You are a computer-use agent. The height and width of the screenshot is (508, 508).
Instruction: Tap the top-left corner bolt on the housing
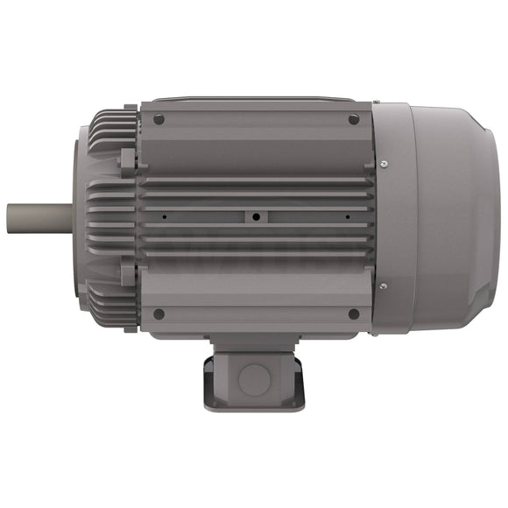click(159, 119)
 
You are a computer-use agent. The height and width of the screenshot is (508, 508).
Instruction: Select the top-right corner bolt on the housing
click(354, 119)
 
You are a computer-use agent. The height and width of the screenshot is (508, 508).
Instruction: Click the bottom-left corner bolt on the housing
click(159, 314)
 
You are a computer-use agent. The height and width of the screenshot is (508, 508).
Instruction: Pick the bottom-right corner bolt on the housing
click(354, 314)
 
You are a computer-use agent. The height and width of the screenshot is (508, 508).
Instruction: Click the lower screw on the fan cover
click(383, 283)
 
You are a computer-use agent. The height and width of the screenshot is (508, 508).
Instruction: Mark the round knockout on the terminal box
click(255, 377)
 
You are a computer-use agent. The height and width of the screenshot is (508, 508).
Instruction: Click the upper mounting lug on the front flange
click(128, 162)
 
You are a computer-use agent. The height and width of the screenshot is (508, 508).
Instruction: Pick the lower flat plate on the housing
click(256, 293)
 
